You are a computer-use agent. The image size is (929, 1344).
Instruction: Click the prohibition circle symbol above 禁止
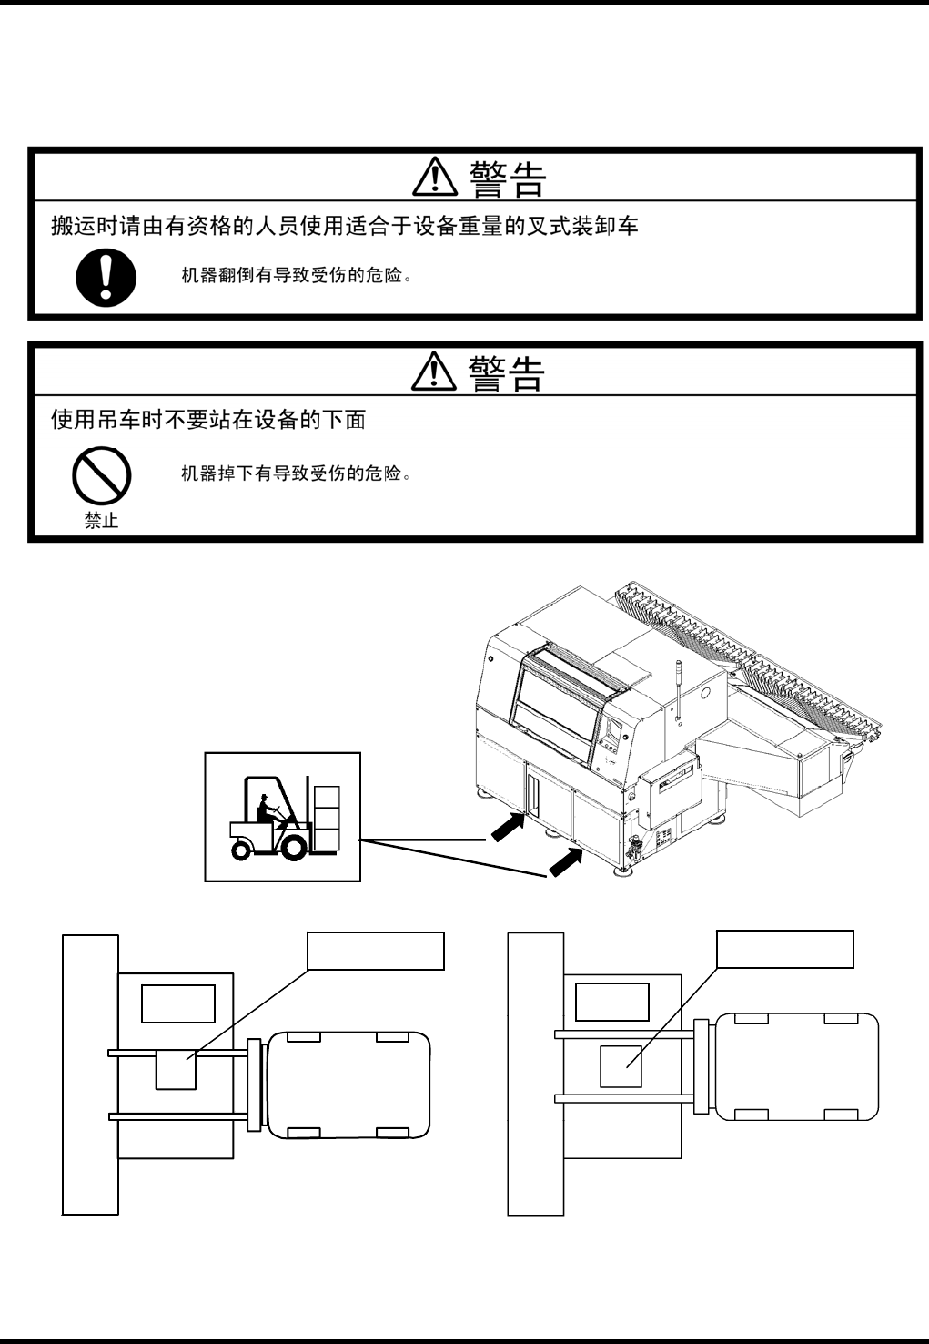pyautogui.click(x=102, y=475)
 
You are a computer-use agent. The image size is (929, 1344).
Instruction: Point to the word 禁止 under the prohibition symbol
pyautogui.click(x=101, y=522)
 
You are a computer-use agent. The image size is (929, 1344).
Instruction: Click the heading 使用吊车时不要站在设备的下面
pyautogui.click(x=208, y=420)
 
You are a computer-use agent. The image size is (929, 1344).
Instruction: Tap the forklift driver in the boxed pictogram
pyautogui.click(x=267, y=807)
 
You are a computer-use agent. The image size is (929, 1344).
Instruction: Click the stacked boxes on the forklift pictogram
pyautogui.click(x=326, y=818)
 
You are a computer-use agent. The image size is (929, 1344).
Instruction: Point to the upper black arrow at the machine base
pyautogui.click(x=509, y=828)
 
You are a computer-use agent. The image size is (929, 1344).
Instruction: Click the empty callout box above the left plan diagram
pyautogui.click(x=376, y=951)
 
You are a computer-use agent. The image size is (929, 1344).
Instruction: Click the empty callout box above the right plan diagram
pyautogui.click(x=785, y=949)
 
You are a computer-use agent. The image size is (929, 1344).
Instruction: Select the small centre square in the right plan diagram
pyautogui.click(x=621, y=1065)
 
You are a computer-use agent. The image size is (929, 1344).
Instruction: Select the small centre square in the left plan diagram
pyautogui.click(x=176, y=1070)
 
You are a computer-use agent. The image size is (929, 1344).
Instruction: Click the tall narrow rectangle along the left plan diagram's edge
pyautogui.click(x=90, y=1074)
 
